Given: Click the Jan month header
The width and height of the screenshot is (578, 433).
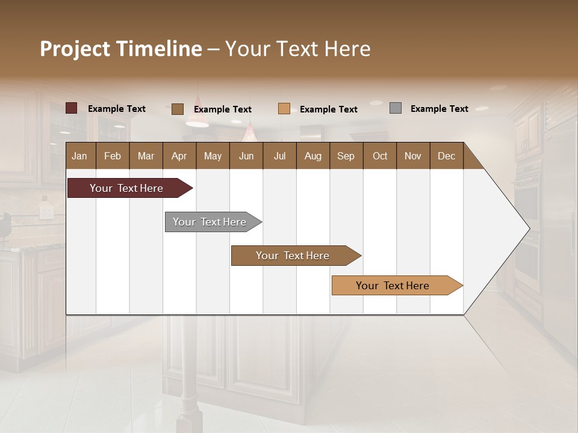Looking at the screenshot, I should pyautogui.click(x=80, y=156).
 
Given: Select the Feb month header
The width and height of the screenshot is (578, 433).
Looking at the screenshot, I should pyautogui.click(x=113, y=156).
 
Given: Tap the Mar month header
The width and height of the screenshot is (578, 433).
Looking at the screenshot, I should pyautogui.click(x=146, y=156).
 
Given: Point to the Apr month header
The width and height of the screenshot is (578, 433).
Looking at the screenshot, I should pyautogui.click(x=179, y=156).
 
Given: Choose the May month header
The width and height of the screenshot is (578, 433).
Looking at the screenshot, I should pyautogui.click(x=213, y=156).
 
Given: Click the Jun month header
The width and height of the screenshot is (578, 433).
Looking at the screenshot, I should pyautogui.click(x=246, y=156).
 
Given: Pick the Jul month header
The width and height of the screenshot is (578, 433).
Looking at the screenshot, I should pyautogui.click(x=279, y=156).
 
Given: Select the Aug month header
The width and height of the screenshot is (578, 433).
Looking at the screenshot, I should pyautogui.click(x=313, y=156).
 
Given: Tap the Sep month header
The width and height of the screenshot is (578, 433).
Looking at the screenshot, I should pyautogui.click(x=346, y=156).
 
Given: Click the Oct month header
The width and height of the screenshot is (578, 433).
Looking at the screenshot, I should pyautogui.click(x=380, y=156).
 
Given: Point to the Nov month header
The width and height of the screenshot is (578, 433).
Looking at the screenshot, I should pyautogui.click(x=413, y=156).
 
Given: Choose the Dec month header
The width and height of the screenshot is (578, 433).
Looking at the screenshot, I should pyautogui.click(x=447, y=156).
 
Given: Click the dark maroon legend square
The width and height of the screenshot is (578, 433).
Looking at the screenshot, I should pyautogui.click(x=72, y=108).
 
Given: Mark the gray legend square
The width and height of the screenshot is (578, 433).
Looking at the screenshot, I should pyautogui.click(x=396, y=108).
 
